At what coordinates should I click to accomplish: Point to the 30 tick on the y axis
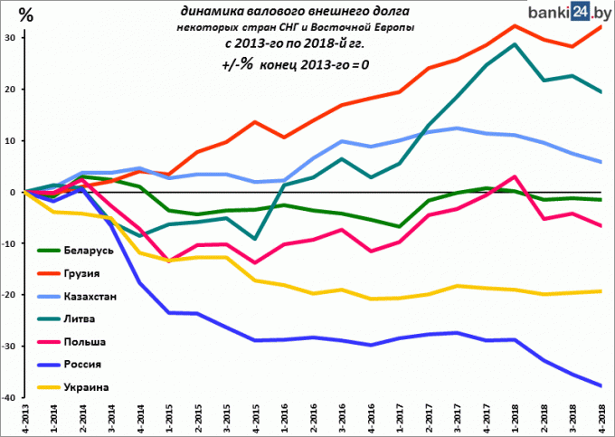click(9, 38)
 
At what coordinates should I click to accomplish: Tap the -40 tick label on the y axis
click(8, 397)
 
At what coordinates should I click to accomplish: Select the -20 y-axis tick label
click(8, 295)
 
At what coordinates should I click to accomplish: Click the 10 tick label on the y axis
click(9, 141)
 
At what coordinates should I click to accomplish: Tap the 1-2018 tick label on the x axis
click(515, 421)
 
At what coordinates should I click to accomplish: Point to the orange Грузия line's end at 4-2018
click(601, 26)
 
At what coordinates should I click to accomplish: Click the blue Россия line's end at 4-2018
click(601, 385)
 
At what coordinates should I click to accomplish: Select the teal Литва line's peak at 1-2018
click(515, 43)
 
